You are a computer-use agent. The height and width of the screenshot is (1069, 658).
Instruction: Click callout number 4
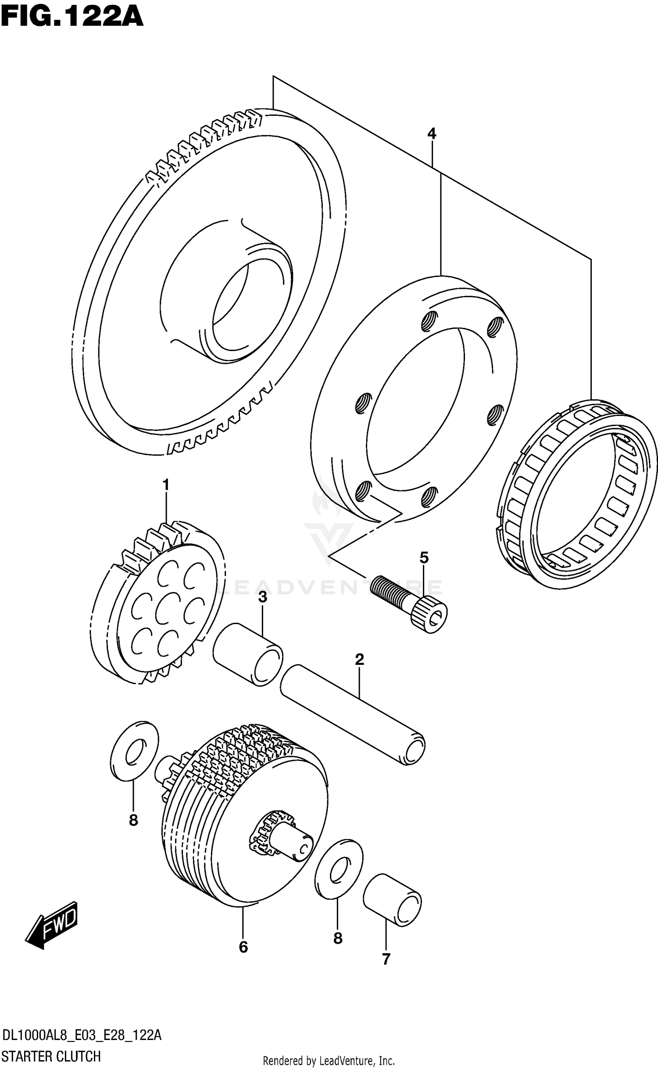(432, 134)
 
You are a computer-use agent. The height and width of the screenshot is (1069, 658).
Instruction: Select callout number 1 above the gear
(166, 485)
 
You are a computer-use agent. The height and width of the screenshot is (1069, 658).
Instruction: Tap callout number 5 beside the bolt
(424, 558)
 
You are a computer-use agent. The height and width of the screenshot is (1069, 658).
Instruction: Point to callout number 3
(262, 597)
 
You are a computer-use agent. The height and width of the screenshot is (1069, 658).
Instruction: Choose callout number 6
(243, 959)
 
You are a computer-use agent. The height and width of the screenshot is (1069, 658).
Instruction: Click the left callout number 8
(133, 820)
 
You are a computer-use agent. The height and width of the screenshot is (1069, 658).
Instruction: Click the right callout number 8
(337, 939)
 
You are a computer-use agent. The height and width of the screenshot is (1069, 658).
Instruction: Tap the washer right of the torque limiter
(339, 869)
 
